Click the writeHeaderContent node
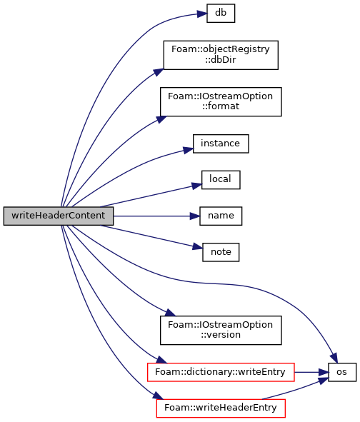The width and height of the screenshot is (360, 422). click(59, 216)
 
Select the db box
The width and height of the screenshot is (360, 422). click(221, 13)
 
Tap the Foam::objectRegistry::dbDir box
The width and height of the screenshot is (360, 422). click(221, 55)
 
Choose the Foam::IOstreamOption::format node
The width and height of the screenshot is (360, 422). click(221, 101)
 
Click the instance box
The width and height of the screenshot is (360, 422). click(221, 144)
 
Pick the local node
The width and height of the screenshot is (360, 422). click(221, 180)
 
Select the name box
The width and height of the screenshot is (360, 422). click(221, 216)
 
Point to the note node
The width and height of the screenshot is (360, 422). click(221, 252)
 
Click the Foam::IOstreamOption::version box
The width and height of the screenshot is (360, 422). click(221, 330)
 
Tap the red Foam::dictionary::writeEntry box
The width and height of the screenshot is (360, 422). click(221, 372)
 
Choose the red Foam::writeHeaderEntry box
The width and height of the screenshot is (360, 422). click(221, 408)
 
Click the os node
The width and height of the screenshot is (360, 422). click(342, 372)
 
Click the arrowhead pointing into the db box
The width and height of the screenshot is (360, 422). click(202, 14)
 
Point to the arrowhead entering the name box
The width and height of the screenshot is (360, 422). click(195, 216)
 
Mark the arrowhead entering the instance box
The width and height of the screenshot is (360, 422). click(188, 150)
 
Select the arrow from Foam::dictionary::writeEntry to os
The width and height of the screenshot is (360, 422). click(311, 372)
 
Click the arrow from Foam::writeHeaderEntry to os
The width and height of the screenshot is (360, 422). click(296, 389)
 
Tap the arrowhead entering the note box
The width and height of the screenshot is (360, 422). click(197, 246)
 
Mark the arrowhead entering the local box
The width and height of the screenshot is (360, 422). click(197, 186)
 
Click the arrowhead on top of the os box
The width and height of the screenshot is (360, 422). click(334, 358)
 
